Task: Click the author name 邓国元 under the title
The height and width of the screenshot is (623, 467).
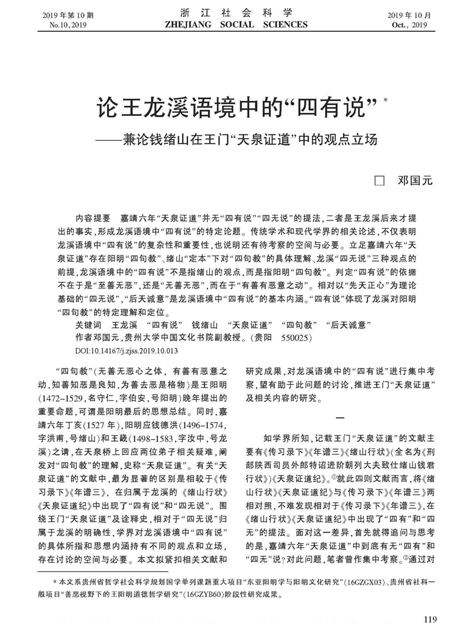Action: click(x=413, y=181)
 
